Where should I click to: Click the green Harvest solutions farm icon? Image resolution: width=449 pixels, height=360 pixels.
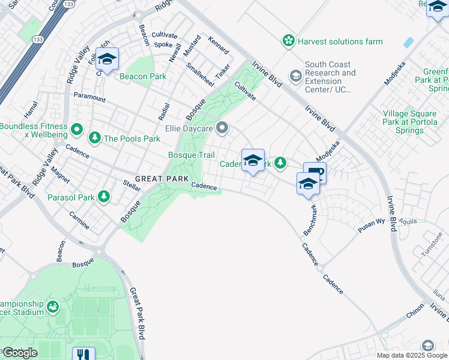click(289, 41)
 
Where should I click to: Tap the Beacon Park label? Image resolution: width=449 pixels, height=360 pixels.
click(143, 76)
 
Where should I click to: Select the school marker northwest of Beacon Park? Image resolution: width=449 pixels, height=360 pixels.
click(107, 59)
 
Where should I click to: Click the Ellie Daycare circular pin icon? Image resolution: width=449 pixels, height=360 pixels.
click(223, 127)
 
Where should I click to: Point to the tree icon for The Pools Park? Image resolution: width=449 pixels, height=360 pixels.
click(94, 139)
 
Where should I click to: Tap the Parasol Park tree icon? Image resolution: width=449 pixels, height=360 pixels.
click(104, 197)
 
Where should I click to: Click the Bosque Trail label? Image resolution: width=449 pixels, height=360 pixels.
click(191, 155)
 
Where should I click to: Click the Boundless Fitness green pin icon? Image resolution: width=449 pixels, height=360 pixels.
click(76, 129)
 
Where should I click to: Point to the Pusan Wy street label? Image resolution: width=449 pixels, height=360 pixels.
click(371, 223)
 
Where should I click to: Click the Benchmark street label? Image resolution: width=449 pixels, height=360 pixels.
click(311, 219)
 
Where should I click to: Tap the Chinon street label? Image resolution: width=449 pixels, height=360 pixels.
click(414, 314)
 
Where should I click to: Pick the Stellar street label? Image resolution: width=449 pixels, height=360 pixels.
click(131, 188)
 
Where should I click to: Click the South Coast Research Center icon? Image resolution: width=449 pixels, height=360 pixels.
click(295, 76)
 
